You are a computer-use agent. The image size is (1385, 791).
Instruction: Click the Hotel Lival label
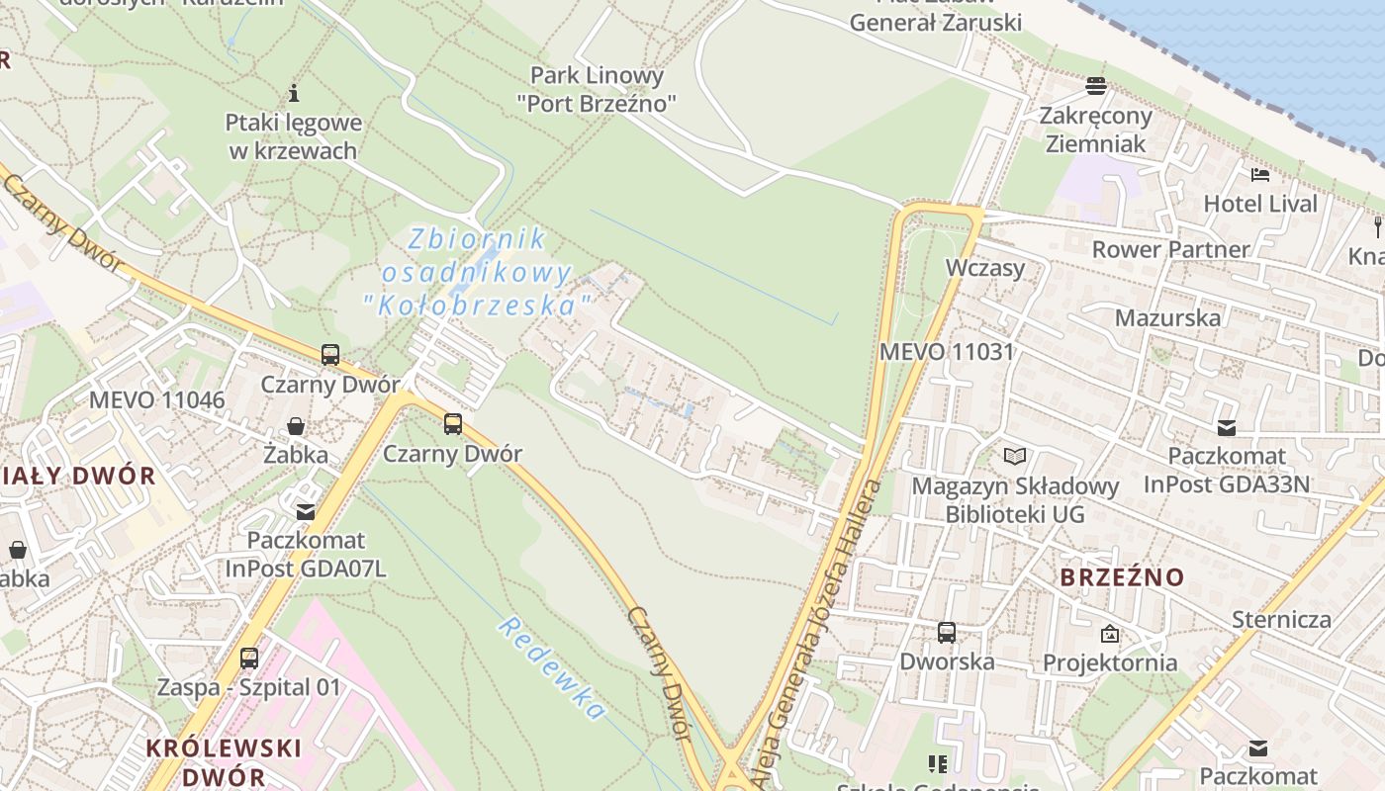click(x=1260, y=204)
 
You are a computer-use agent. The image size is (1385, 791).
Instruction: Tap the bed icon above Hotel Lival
click(x=1260, y=175)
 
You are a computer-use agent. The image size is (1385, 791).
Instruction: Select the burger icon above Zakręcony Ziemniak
click(x=1095, y=86)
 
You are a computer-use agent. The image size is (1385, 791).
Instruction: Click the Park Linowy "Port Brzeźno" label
click(x=597, y=88)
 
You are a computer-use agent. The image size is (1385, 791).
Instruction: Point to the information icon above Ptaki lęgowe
click(x=293, y=94)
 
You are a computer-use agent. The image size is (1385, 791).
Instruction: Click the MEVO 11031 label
click(x=947, y=351)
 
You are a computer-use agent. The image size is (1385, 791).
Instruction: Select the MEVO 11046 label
click(x=157, y=399)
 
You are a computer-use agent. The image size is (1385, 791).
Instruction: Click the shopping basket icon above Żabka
click(x=295, y=426)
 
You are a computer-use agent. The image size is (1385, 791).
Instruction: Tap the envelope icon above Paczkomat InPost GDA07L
click(x=306, y=511)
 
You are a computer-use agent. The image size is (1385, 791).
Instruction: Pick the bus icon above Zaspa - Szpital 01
click(x=249, y=658)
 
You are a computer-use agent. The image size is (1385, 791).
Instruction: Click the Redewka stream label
click(x=551, y=667)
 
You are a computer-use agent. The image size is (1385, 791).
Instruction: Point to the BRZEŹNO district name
click(x=1122, y=577)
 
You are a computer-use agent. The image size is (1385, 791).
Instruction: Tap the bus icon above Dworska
click(x=947, y=632)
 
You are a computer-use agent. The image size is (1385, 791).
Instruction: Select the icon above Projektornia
click(x=1110, y=634)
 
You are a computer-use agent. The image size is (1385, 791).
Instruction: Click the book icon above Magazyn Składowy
click(x=1015, y=456)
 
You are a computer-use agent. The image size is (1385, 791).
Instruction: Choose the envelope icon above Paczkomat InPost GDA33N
click(x=1227, y=427)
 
